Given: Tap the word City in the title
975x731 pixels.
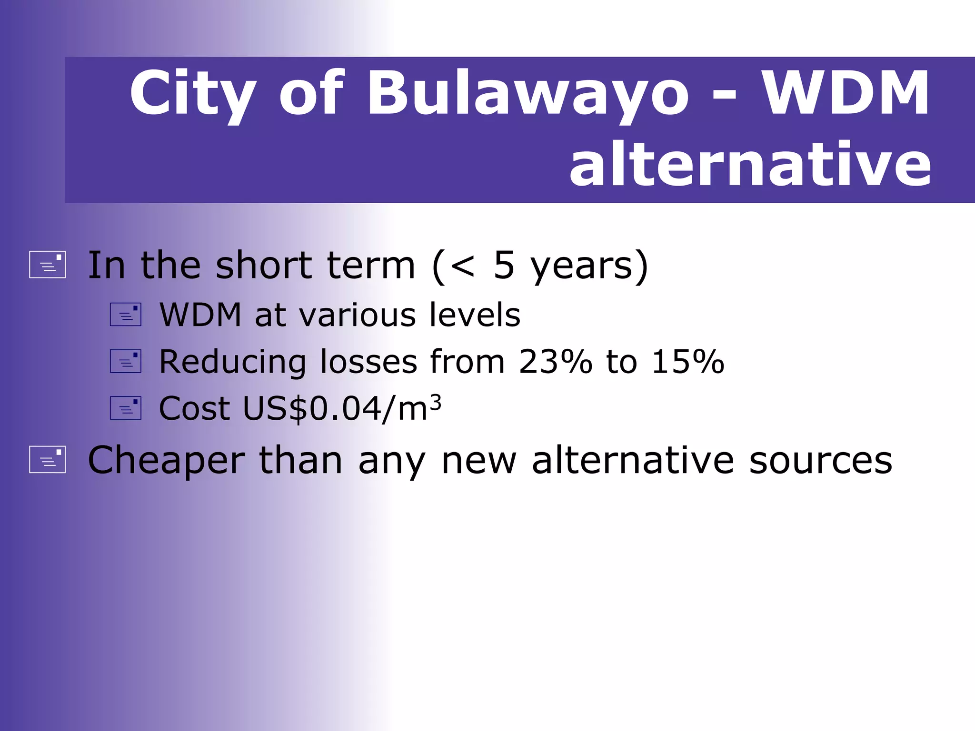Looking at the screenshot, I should tap(193, 94).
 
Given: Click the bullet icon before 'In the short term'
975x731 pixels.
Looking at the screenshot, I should tap(47, 265).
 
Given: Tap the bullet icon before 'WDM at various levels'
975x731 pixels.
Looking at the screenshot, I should tap(126, 315).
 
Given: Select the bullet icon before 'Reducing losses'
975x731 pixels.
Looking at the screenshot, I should tap(126, 361).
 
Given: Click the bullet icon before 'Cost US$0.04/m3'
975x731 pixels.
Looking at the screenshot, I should tap(126, 408).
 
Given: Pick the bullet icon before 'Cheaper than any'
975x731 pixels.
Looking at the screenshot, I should tap(47, 460).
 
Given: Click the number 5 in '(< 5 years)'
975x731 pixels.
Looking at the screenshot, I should tap(504, 265).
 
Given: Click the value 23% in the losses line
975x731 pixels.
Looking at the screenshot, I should tap(555, 362).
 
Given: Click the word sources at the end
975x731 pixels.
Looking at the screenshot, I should tap(820, 461).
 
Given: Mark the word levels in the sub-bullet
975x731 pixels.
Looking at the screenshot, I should tap(475, 315).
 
